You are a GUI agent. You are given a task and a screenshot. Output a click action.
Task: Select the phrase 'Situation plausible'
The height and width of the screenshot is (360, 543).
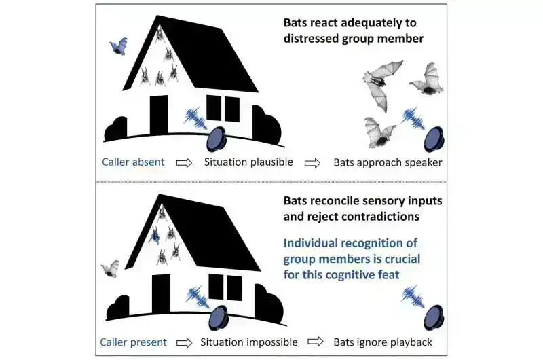[250, 162]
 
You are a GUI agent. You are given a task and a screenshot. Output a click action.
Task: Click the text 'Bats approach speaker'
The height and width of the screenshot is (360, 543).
[388, 162]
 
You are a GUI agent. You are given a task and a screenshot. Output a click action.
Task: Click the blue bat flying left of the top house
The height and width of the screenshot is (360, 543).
[119, 46]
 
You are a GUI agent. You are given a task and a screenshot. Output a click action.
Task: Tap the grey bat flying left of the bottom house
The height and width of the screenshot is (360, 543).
[110, 269]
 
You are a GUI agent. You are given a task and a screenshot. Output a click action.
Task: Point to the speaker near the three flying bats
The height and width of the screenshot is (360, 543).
[433, 138]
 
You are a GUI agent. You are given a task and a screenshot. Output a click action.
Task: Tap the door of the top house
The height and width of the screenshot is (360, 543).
[159, 115]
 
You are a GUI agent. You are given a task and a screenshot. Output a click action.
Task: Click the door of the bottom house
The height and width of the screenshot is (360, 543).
[161, 293]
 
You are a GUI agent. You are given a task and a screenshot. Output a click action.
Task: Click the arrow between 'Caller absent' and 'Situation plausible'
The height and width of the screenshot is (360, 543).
[185, 163]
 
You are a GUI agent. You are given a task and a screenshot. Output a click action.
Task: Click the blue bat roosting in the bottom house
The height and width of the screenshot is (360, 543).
[155, 236]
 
